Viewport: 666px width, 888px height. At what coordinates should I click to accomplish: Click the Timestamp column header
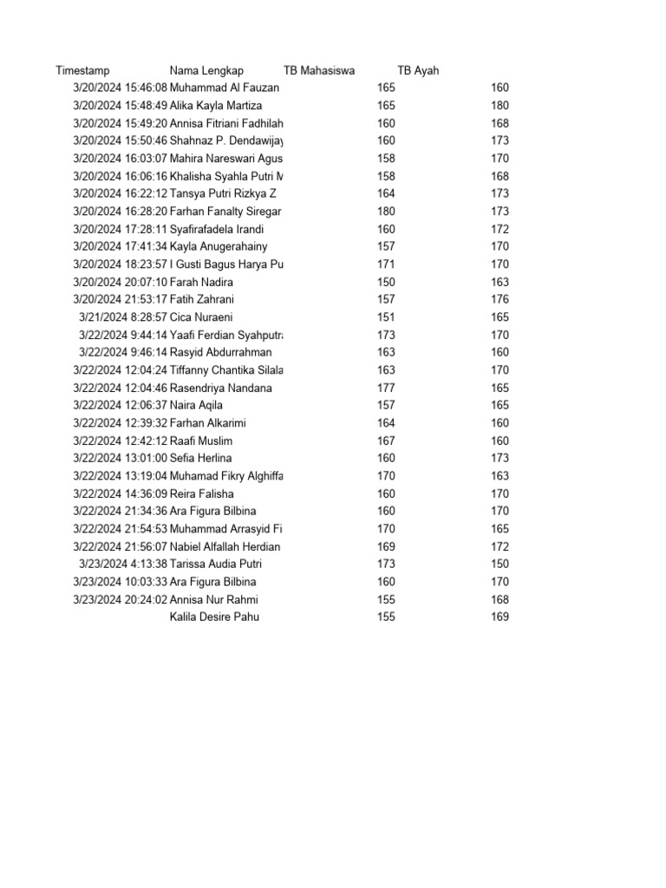coord(82,70)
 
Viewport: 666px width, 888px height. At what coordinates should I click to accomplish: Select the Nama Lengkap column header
coord(206,70)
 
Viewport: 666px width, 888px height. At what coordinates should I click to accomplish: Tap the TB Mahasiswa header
coord(319,70)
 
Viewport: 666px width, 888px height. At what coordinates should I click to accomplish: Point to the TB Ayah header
coord(418,70)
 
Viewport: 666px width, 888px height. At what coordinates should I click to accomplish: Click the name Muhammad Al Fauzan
coord(225,88)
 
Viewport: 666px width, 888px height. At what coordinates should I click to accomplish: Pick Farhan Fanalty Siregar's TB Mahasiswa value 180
coord(386,211)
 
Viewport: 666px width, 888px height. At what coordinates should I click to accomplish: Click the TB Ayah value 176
coord(499,299)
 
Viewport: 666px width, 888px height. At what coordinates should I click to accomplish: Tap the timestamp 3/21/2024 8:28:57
coord(122,317)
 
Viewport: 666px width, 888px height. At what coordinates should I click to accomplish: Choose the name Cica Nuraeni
coord(201,317)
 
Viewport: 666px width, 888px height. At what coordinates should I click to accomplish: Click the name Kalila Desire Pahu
coord(214,617)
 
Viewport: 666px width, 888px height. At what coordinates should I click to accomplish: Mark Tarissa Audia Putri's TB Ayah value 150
coord(499,564)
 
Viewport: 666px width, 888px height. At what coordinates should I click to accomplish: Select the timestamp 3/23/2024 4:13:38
coord(122,564)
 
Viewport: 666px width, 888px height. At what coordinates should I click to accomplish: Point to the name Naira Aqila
coord(196,405)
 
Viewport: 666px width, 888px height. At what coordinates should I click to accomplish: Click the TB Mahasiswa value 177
coord(386,388)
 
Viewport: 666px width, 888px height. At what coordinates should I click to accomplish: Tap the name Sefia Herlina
coord(200,458)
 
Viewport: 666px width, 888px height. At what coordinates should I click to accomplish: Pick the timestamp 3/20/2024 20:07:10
coord(120,282)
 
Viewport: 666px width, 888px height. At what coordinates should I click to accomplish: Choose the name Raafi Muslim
coord(201,441)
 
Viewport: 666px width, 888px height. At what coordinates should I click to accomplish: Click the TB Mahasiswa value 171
coord(386,264)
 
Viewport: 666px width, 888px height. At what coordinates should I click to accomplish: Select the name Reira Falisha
coord(201,493)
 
